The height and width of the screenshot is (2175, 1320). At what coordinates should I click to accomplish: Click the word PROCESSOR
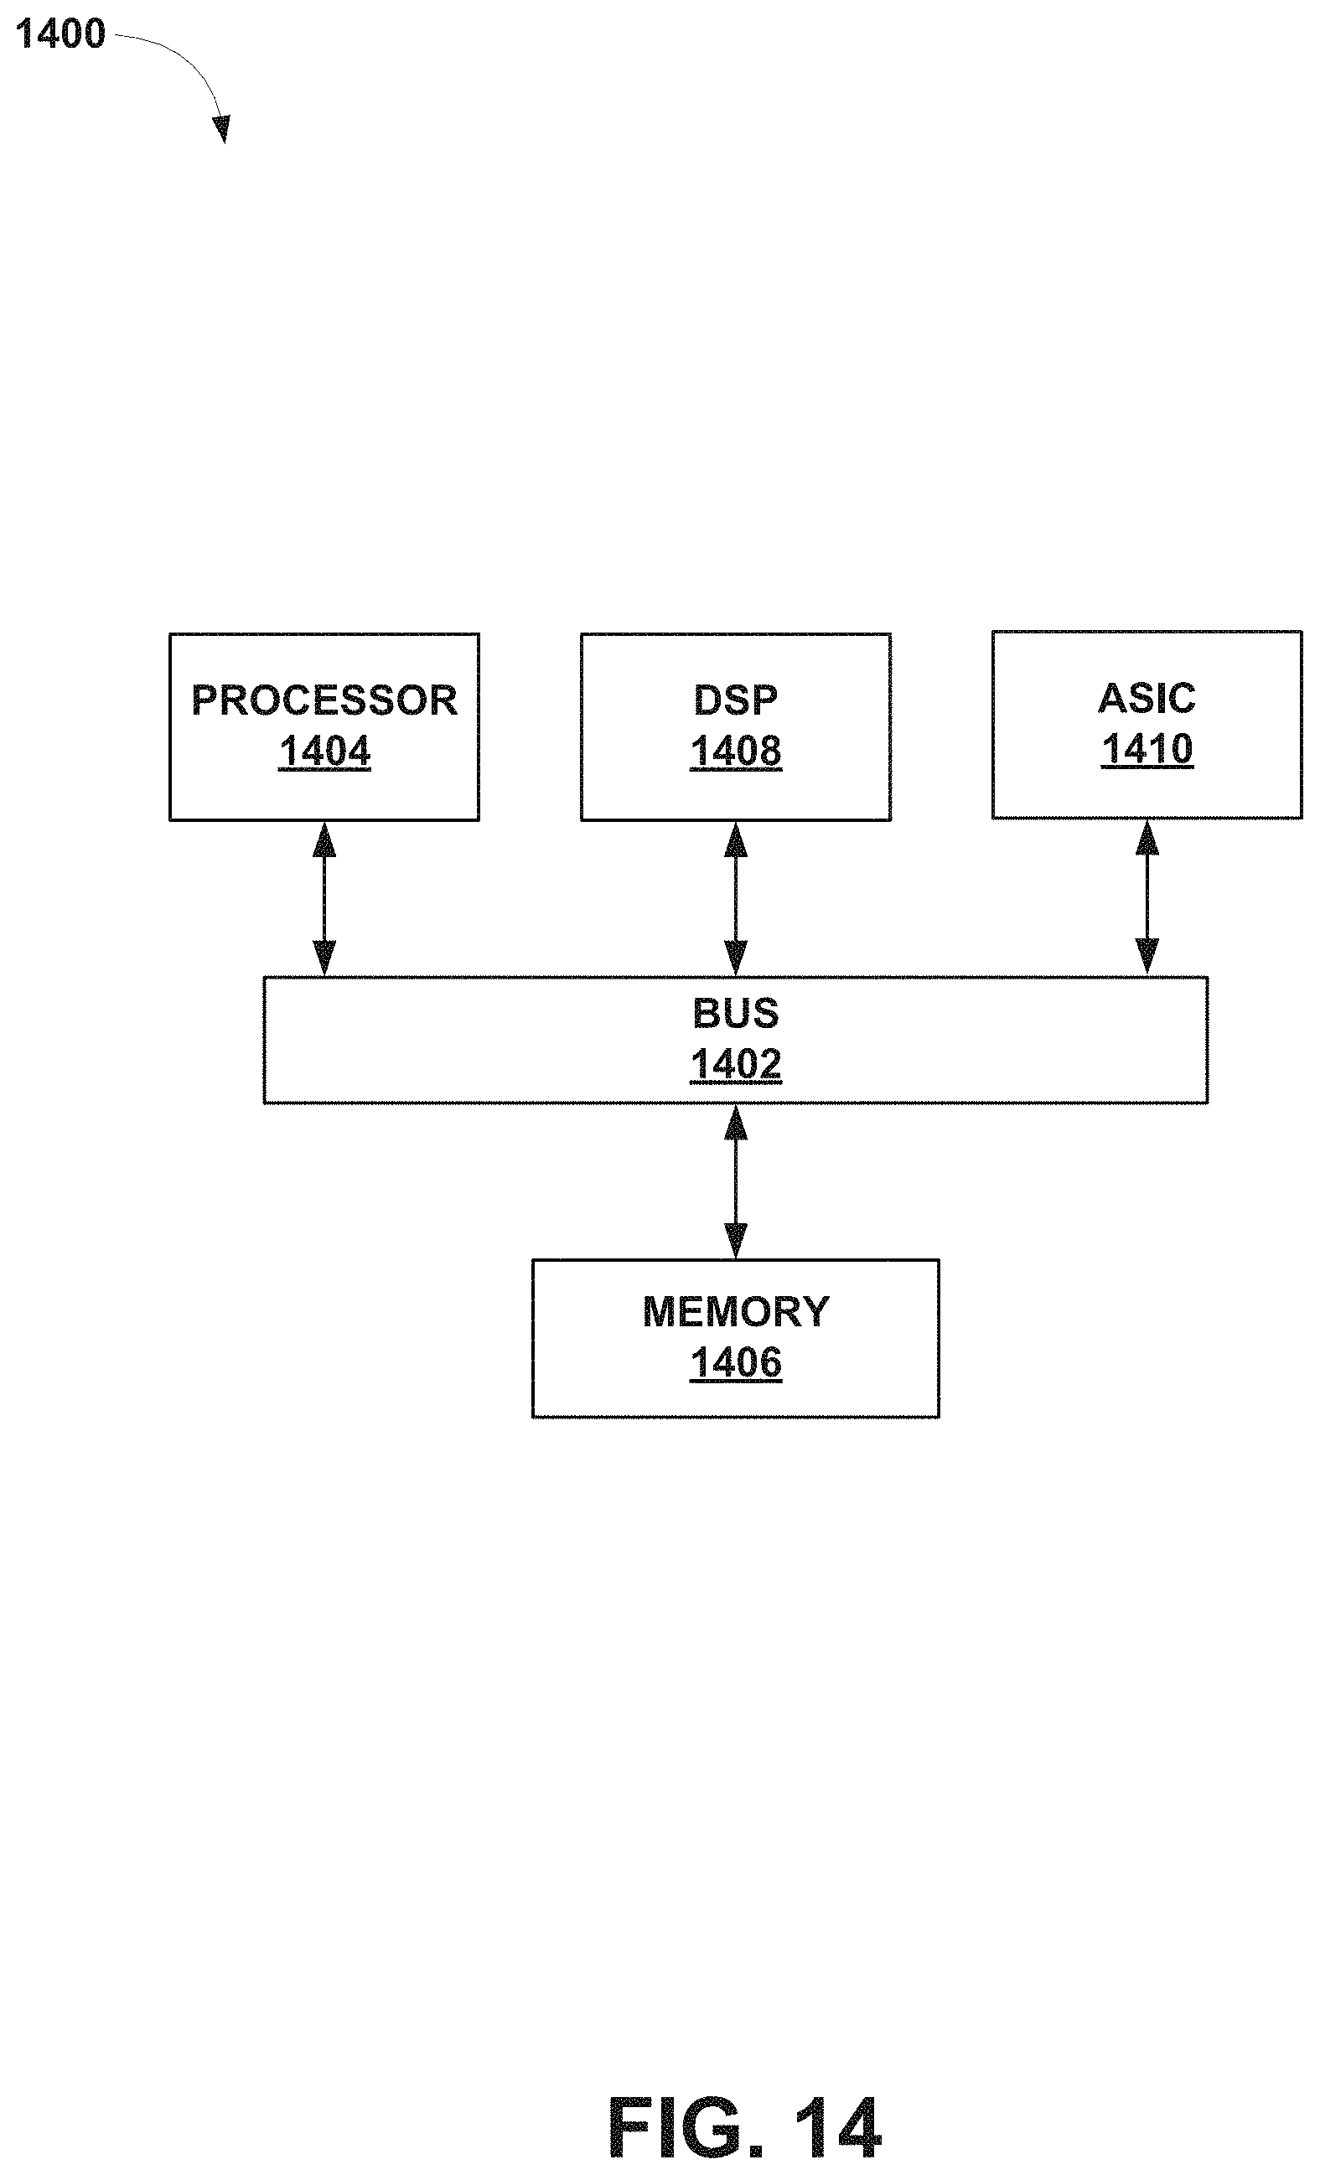tap(324, 700)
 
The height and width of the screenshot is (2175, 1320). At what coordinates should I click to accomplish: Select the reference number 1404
tap(324, 752)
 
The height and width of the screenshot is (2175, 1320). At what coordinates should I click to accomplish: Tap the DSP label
tap(736, 700)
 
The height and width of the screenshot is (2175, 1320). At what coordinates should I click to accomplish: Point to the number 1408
tap(736, 752)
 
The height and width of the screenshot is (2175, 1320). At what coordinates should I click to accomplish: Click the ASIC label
tap(1146, 698)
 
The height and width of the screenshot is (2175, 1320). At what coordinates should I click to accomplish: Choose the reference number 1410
tap(1146, 749)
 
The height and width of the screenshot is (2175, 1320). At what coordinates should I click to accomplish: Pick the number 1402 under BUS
tap(736, 1065)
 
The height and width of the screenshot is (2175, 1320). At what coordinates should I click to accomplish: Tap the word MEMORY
tap(736, 1312)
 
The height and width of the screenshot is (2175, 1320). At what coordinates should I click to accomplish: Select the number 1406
tap(736, 1363)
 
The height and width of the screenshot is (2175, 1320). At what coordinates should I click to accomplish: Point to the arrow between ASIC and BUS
tap(1146, 896)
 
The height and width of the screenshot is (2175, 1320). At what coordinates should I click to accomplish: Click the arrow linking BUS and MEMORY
tap(736, 1181)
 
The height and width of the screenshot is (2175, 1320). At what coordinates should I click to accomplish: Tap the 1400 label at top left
tap(60, 34)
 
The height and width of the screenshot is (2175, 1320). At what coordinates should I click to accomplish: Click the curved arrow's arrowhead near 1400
tap(221, 129)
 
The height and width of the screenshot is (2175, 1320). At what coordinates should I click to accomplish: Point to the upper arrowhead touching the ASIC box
tap(1146, 838)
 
